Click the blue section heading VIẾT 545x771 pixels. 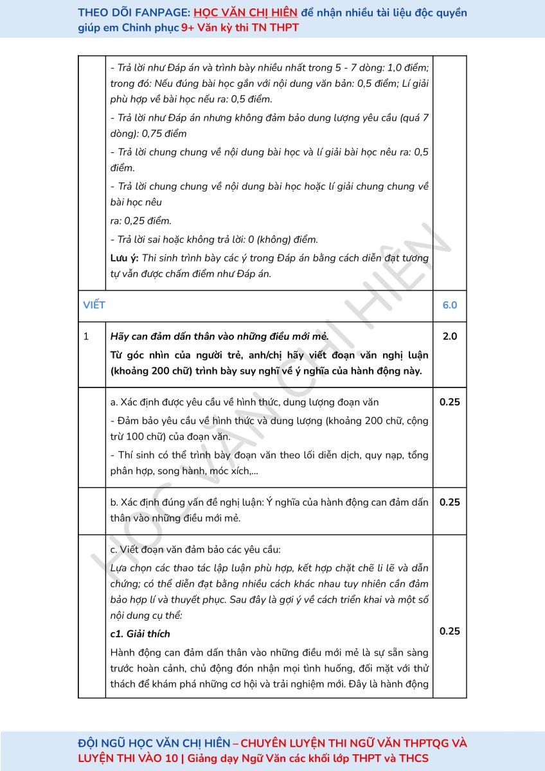click(x=94, y=305)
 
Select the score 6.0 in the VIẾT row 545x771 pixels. click(x=450, y=305)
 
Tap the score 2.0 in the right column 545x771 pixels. click(x=450, y=336)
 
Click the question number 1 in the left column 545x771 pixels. click(x=86, y=336)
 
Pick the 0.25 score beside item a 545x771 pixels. click(x=450, y=402)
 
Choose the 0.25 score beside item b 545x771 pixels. click(x=450, y=502)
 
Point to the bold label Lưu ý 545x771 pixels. click(x=124, y=258)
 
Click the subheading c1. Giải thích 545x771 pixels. click(x=140, y=634)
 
